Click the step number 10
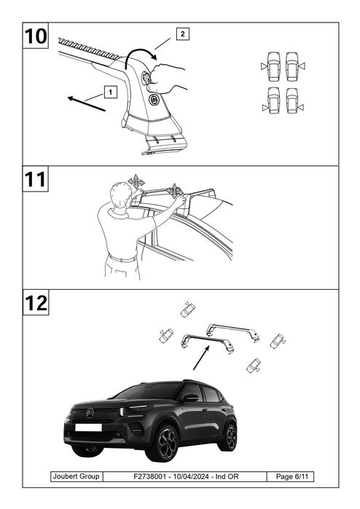tap(36, 36)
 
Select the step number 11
tap(35, 179)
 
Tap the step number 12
tap(36, 303)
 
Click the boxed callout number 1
tap(110, 92)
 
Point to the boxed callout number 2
tap(183, 33)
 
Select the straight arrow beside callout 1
tap(87, 104)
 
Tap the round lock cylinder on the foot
tap(154, 99)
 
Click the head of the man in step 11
tap(120, 194)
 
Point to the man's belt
tap(122, 259)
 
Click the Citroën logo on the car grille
tap(90, 413)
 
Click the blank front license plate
tap(88, 427)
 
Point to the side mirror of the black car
tap(191, 398)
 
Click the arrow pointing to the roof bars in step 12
tap(201, 358)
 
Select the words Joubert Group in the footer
tap(76, 476)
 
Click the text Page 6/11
tap(291, 476)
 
